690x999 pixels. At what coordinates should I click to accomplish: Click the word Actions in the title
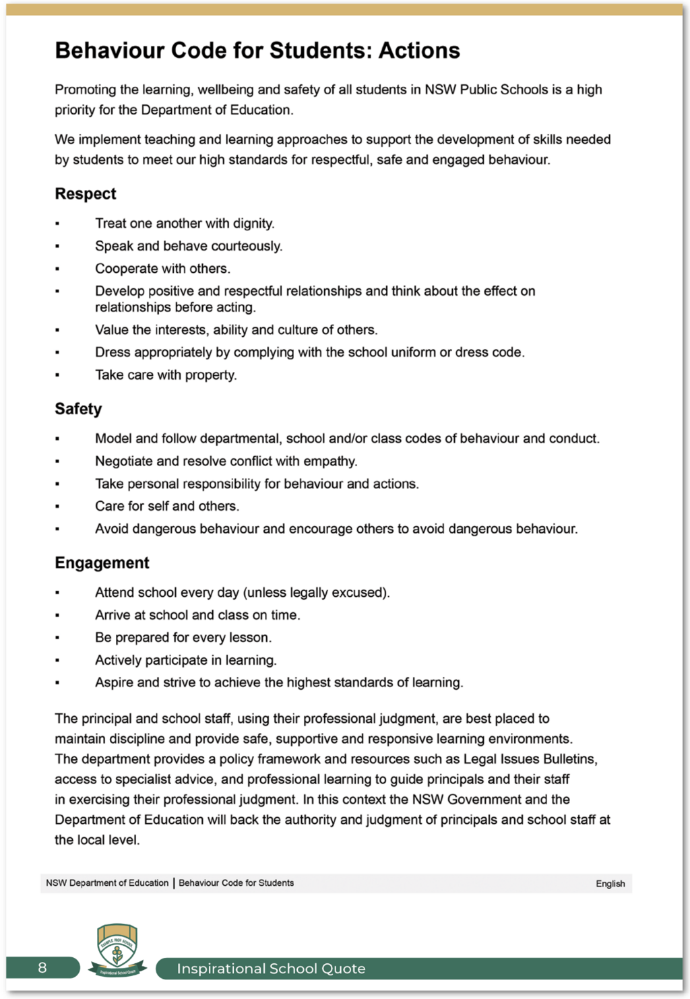click(419, 51)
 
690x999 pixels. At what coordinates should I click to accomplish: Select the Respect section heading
click(86, 194)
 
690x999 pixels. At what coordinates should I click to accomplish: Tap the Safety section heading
click(78, 409)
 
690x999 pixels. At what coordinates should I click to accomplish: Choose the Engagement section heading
click(102, 563)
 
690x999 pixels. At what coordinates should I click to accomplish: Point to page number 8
click(42, 968)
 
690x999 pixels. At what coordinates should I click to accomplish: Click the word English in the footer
click(610, 884)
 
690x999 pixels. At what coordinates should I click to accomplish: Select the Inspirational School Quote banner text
click(271, 969)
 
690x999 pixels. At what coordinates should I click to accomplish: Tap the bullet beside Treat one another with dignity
click(57, 224)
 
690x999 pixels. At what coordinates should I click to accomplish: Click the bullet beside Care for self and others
click(57, 507)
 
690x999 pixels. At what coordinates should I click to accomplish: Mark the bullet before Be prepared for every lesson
click(57, 638)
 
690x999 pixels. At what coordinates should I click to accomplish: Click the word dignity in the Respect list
click(253, 224)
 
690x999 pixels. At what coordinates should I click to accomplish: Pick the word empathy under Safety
click(332, 461)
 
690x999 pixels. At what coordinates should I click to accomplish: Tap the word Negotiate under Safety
click(124, 461)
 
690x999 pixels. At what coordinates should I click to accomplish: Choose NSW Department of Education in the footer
click(107, 883)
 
